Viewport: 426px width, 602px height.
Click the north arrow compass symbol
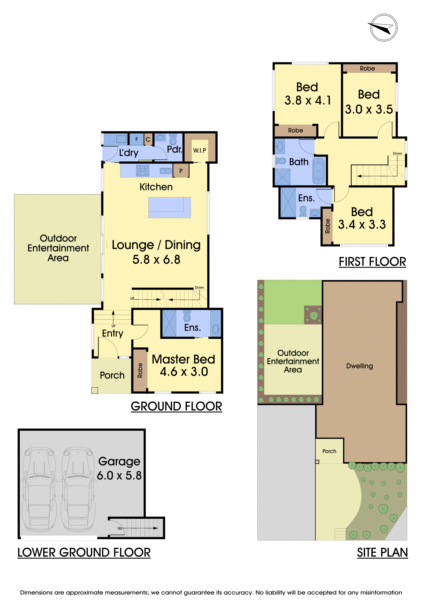tap(384, 27)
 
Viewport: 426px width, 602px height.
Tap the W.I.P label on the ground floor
tap(200, 150)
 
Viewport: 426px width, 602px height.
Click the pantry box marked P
tap(181, 171)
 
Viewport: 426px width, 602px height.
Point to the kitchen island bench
tap(170, 207)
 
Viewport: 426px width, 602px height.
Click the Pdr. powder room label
tap(175, 149)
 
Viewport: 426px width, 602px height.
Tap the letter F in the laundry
tap(137, 140)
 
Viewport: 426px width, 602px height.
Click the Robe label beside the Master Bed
tap(140, 370)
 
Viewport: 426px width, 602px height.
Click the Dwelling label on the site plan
tap(360, 366)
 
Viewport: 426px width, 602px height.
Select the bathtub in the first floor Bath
tap(319, 171)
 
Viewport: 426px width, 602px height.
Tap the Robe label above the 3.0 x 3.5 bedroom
tap(367, 68)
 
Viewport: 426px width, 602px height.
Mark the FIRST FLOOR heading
tap(372, 262)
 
